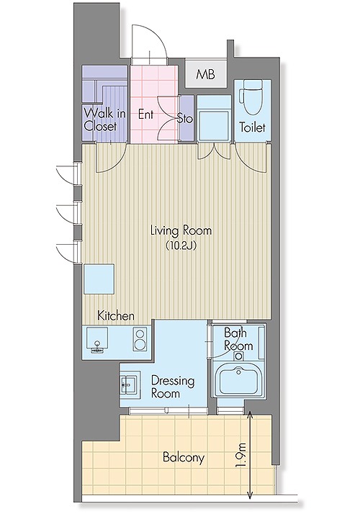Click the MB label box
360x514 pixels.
point(206,73)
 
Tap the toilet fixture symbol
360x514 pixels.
point(252,97)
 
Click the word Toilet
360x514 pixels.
point(252,127)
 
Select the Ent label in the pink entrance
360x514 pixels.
point(145,114)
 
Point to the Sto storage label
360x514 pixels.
point(185,118)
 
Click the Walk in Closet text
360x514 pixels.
point(104,120)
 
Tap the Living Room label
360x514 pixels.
point(181,230)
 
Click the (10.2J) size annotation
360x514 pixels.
point(181,245)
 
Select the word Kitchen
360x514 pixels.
point(116,316)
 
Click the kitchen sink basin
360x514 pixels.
point(97,338)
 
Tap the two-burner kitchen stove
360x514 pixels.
point(140,340)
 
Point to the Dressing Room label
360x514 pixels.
point(173,387)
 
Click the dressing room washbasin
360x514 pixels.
point(130,384)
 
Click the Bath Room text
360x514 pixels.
point(238,339)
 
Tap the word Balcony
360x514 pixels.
point(184,457)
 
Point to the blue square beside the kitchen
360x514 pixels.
point(99,279)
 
